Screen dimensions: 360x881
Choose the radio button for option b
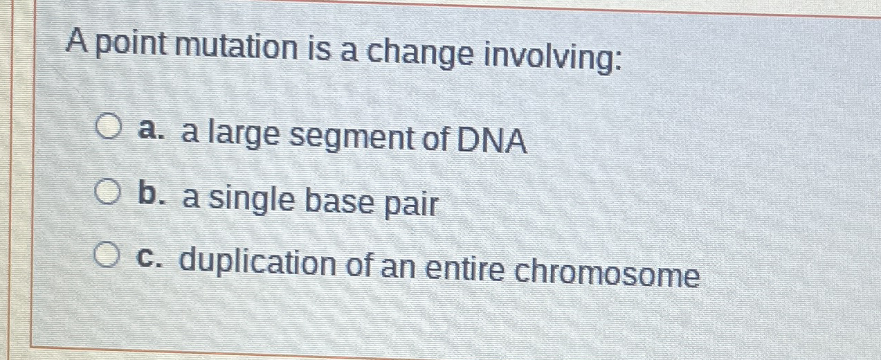tap(106, 192)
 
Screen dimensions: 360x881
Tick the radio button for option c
tap(106, 257)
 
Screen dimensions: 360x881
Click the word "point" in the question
tap(131, 47)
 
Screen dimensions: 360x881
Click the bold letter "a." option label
tap(147, 130)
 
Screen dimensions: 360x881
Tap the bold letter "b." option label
tap(147, 194)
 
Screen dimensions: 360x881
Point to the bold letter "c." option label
tap(146, 259)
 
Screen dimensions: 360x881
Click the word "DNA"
tap(491, 141)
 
